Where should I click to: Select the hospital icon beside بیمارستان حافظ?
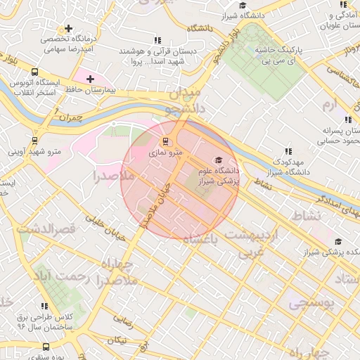[90, 79]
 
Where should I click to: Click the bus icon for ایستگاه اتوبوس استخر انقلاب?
[35, 72]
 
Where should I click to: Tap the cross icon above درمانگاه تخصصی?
[68, 29]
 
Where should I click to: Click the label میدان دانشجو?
[184, 101]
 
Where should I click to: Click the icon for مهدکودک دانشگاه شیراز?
[288, 151]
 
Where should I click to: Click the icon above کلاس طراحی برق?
[45, 306]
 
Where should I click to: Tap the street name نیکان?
[117, 340]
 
